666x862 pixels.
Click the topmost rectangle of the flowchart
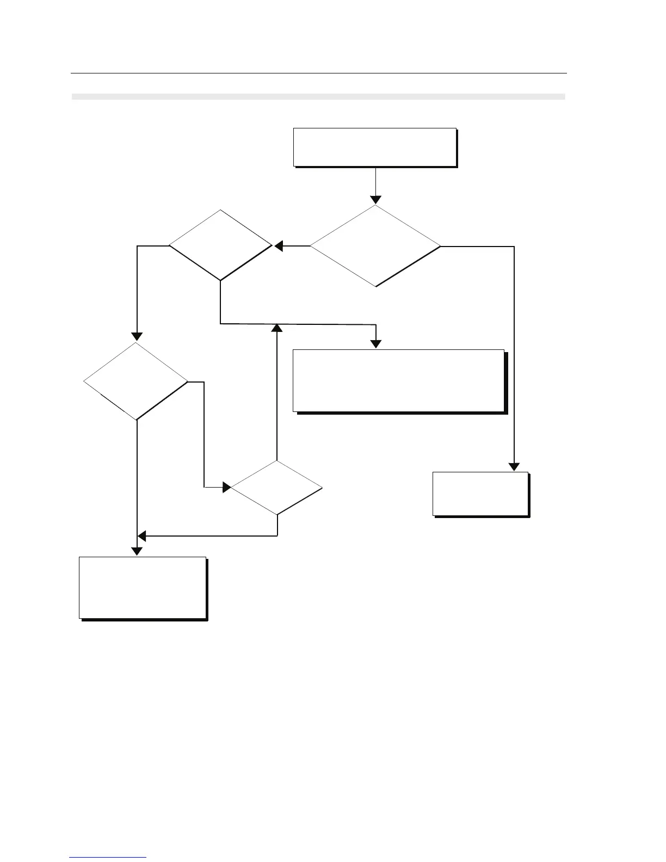[x=374, y=147]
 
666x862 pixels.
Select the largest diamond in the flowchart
[x=375, y=246]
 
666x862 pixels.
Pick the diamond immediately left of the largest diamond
[x=220, y=245]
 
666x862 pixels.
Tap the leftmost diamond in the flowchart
[x=136, y=381]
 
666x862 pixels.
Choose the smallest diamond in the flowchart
[x=277, y=488]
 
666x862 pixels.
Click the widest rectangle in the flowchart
[x=399, y=380]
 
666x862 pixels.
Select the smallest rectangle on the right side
[x=480, y=494]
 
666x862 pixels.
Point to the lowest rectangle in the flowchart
[x=143, y=587]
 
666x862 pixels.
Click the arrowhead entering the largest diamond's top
[x=375, y=199]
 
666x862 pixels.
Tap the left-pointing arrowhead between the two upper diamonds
[x=279, y=247]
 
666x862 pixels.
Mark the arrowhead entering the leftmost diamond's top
[x=137, y=336]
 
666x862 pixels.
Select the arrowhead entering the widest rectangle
[x=376, y=344]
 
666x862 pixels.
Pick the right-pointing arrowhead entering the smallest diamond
[x=226, y=487]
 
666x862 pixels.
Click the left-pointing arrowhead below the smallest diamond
[x=141, y=536]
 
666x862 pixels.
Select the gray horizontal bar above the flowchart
[x=318, y=97]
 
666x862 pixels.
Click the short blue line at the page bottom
[x=108, y=857]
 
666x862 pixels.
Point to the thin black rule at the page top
[x=318, y=73]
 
